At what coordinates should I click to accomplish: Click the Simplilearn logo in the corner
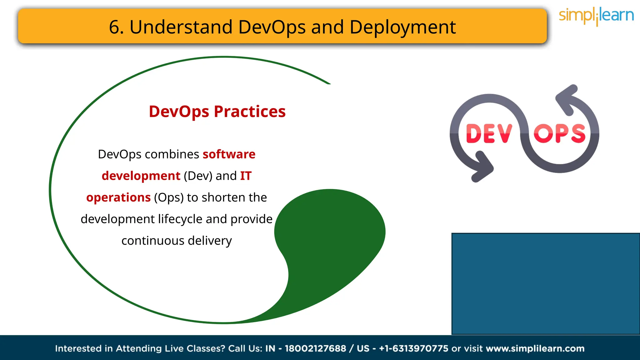click(x=596, y=16)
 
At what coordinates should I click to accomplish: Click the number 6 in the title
click(x=114, y=27)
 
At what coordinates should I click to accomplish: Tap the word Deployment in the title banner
click(x=402, y=27)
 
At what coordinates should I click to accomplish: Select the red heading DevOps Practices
click(x=217, y=112)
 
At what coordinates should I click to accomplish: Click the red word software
click(x=229, y=154)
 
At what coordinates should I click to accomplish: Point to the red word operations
click(x=118, y=197)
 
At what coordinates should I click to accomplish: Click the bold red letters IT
click(x=246, y=176)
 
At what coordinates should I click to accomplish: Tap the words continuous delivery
click(x=177, y=241)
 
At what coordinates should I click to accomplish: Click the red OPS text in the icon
click(x=559, y=134)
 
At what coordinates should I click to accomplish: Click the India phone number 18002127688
click(x=315, y=348)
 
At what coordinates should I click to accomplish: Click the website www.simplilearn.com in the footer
click(x=535, y=348)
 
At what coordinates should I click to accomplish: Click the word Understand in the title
click(x=181, y=27)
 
